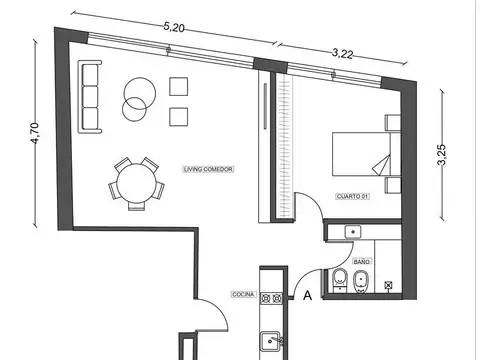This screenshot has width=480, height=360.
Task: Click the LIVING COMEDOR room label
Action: (209, 170)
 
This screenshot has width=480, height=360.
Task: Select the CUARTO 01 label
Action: (352, 196)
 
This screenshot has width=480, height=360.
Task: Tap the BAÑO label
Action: (361, 259)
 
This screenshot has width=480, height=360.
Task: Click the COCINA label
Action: (243, 294)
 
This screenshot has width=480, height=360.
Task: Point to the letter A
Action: (307, 295)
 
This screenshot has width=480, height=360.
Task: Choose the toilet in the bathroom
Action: (339, 281)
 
